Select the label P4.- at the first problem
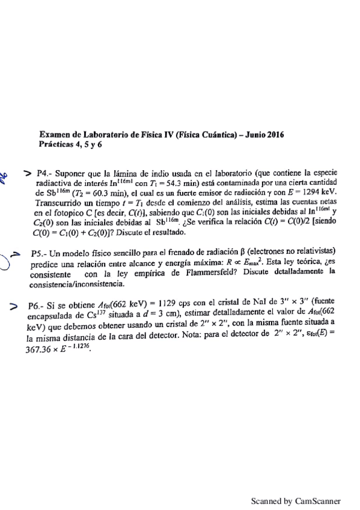tap(46, 170)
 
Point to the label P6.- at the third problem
tap(38, 305)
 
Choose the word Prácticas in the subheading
tap(57, 146)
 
